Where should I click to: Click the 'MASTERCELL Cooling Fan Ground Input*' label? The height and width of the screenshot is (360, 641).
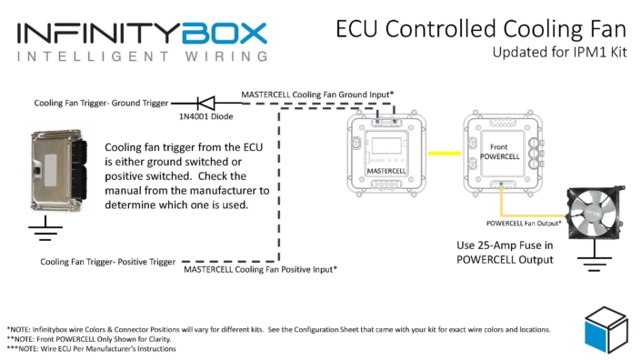click(x=316, y=94)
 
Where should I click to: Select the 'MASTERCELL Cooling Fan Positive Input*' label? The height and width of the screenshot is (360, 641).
click(x=260, y=269)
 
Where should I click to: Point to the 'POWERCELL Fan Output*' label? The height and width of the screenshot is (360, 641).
click(x=519, y=222)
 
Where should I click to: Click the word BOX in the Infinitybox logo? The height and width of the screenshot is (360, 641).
click(x=224, y=34)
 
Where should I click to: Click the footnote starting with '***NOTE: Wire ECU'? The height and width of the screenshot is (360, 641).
click(x=90, y=348)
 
